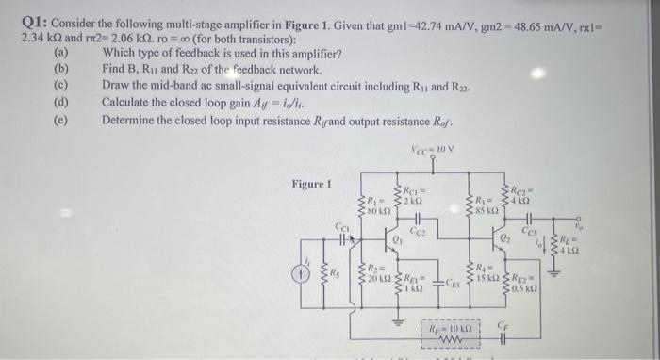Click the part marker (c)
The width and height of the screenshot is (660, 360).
(x=62, y=86)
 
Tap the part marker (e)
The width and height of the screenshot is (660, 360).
(x=62, y=120)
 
